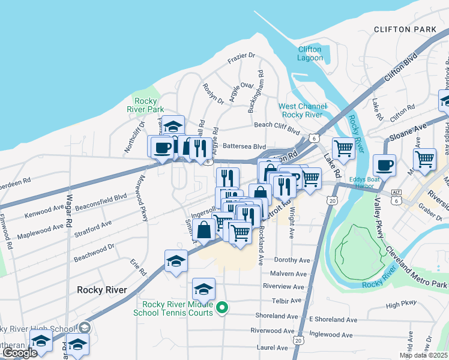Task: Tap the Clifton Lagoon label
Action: (310, 53)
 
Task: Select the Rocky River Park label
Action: (146, 105)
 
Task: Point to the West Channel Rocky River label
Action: (303, 110)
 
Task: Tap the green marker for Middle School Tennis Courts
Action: (222, 309)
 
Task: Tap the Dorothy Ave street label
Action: (292, 260)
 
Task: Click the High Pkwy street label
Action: (401, 305)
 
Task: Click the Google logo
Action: (19, 353)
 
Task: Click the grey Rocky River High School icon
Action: (85, 327)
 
